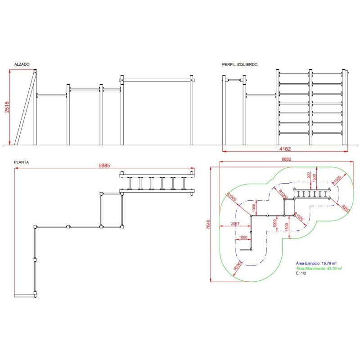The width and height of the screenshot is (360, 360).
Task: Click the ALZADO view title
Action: (x=22, y=65)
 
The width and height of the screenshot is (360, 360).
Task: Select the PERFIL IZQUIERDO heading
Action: (x=240, y=65)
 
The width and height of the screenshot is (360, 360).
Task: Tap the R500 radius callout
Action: (x=345, y=208)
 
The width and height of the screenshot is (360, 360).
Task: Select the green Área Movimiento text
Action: (x=319, y=268)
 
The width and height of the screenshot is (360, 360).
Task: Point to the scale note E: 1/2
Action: (x=301, y=273)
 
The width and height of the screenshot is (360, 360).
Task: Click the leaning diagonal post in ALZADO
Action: (x=25, y=108)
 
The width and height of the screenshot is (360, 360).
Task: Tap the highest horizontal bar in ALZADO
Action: (x=157, y=80)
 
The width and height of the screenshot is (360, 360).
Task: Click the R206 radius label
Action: (x=237, y=266)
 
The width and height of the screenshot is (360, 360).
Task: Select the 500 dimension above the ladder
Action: (x=308, y=176)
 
